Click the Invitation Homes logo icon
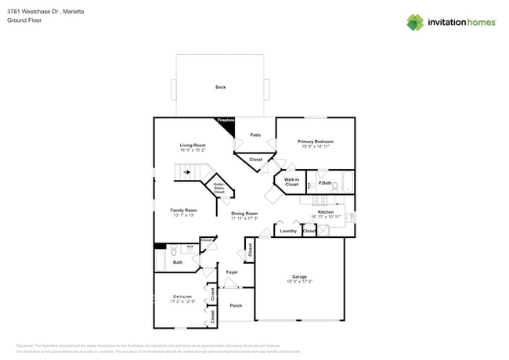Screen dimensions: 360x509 click(x=415, y=22)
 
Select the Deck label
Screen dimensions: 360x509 click(x=220, y=87)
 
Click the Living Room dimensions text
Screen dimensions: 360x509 click(x=193, y=150)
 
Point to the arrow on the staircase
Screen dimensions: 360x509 click(x=188, y=173)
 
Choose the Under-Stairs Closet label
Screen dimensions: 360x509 click(x=219, y=187)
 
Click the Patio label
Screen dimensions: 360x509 click(x=255, y=135)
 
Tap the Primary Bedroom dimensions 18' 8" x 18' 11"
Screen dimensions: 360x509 click(x=316, y=146)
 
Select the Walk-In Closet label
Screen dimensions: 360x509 click(x=291, y=182)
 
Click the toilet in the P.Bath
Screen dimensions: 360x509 click(x=334, y=186)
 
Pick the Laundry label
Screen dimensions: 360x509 click(x=287, y=231)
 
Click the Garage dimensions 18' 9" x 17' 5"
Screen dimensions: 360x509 click(x=299, y=281)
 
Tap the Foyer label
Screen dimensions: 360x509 click(x=232, y=272)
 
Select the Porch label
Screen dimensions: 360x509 click(x=236, y=306)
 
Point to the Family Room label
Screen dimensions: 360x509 click(x=183, y=210)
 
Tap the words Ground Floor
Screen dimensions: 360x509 click(x=23, y=20)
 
